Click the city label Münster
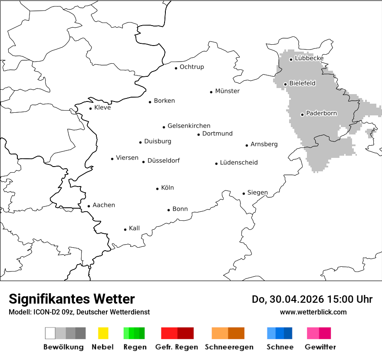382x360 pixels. click(227, 91)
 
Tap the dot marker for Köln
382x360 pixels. click(158, 189)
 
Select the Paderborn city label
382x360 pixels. click(322, 114)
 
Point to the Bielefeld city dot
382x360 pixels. click(286, 84)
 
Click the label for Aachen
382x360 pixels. click(104, 205)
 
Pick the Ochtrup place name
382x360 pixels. click(192, 67)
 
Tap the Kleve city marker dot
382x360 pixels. click(91, 108)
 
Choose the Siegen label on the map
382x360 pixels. click(257, 193)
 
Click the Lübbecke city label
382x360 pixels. click(309, 59)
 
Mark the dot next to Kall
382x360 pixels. click(125, 229)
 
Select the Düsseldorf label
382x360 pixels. click(164, 161)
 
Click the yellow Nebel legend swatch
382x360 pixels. click(103, 333)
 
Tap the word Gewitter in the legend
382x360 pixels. click(320, 347)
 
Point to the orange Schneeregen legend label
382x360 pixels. click(229, 347)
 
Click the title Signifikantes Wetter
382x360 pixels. click(72, 299)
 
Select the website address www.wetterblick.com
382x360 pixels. click(313, 312)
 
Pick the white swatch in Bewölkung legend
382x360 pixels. click(50, 333)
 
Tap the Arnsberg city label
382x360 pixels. click(264, 144)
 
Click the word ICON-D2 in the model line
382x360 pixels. click(46, 312)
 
